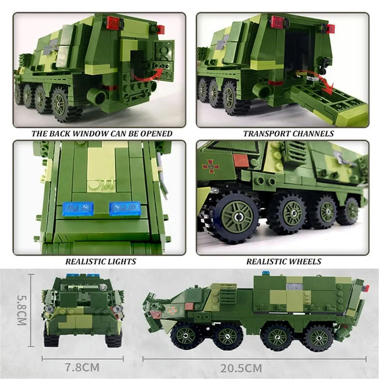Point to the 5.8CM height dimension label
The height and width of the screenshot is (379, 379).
(x=21, y=310)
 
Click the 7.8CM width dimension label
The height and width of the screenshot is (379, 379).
(x=82, y=368)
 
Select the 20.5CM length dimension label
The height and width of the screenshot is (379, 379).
(x=241, y=369)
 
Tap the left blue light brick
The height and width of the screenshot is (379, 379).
(x=78, y=209)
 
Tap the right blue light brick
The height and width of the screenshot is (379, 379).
(x=125, y=208)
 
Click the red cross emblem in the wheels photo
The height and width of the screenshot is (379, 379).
(x=211, y=166)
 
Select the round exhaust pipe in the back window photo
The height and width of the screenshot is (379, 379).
(x=97, y=96)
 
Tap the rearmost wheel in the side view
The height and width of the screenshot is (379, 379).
(x=319, y=338)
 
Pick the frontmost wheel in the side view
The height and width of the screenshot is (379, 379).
(x=186, y=335)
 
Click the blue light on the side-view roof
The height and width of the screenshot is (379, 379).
(x=266, y=273)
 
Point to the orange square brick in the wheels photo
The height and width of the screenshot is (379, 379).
(x=241, y=160)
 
